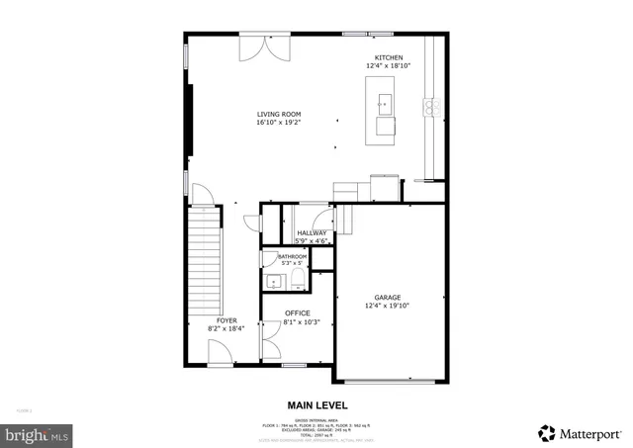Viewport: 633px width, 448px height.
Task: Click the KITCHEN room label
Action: pyautogui.click(x=388, y=57)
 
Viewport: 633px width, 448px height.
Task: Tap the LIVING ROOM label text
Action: pyautogui.click(x=278, y=114)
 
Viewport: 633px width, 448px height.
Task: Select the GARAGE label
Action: pyautogui.click(x=387, y=297)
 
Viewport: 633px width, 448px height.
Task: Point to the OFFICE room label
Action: pyautogui.click(x=297, y=313)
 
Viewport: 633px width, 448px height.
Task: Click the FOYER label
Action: pyautogui.click(x=226, y=320)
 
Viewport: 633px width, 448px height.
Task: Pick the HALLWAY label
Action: pyautogui.click(x=312, y=232)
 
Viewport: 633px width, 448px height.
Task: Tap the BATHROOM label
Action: pyautogui.click(x=293, y=256)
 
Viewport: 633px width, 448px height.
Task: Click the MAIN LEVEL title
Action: pyautogui.click(x=316, y=405)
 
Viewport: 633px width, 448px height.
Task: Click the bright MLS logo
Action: pyautogui.click(x=38, y=433)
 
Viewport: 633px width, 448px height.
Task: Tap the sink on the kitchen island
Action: pyautogui.click(x=383, y=102)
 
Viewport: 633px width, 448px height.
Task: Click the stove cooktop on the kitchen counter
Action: pyautogui.click(x=431, y=107)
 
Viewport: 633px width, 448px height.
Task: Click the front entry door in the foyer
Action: pyautogui.click(x=221, y=353)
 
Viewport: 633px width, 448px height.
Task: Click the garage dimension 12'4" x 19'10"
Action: pyautogui.click(x=387, y=306)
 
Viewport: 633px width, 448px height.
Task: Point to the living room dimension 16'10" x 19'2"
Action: pyautogui.click(x=278, y=123)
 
